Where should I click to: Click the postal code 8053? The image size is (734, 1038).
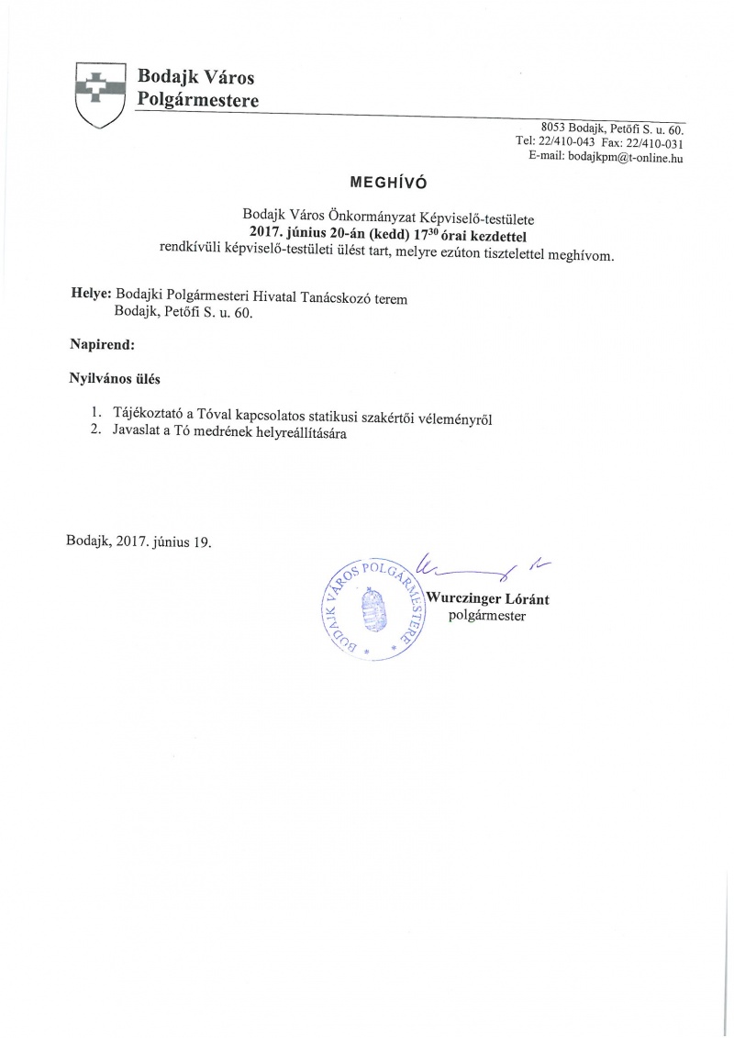(553, 128)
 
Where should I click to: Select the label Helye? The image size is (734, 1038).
(91, 296)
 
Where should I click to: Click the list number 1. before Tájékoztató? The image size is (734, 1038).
(95, 412)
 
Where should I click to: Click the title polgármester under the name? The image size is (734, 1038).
(486, 616)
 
